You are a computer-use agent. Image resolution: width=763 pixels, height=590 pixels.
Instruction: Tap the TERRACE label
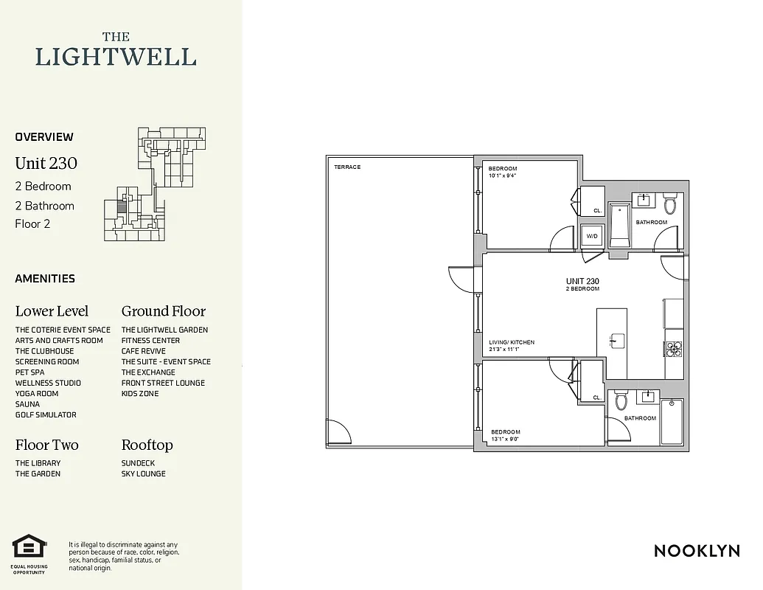coord(347,167)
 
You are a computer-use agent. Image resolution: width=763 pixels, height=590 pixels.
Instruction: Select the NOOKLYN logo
coord(697,551)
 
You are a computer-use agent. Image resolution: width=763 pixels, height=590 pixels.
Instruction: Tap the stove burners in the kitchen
coord(673,349)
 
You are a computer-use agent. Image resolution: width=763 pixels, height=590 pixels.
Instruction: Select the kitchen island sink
coord(617,341)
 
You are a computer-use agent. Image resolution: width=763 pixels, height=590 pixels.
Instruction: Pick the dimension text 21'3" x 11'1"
coord(504,350)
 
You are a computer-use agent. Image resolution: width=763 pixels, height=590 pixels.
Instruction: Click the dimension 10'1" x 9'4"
coord(503,176)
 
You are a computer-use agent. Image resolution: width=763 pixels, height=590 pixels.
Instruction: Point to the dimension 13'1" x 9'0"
coord(506,439)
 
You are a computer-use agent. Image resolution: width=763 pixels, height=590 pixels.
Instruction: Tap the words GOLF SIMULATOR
coord(46,415)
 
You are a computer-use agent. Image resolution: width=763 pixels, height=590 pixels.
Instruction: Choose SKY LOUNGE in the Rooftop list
coord(144,473)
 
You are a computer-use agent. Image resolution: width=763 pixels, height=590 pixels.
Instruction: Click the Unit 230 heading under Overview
coord(46,163)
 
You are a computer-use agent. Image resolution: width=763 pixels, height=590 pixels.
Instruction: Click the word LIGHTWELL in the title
coord(116,57)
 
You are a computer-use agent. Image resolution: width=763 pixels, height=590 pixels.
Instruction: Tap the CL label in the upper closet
coord(597,211)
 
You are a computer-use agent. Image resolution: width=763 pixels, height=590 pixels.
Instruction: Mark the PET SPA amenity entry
coord(29,372)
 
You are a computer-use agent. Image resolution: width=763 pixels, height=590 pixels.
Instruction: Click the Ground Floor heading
coord(164,311)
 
